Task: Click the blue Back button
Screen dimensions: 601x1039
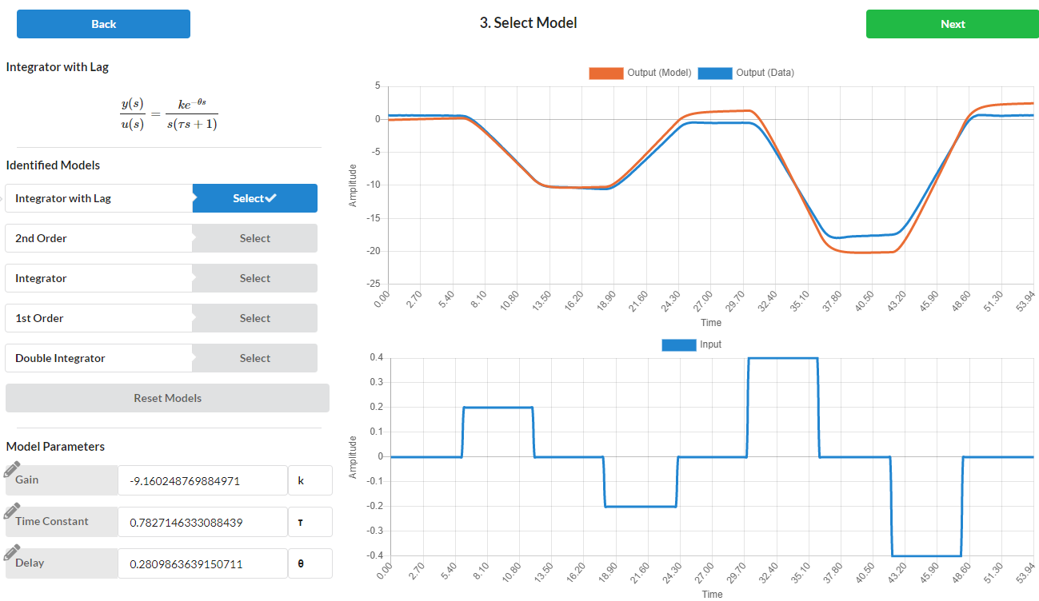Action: coord(103,24)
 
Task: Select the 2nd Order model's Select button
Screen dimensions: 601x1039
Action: coord(254,238)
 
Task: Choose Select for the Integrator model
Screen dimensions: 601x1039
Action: coord(254,278)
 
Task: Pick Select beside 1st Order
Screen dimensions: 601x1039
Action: coord(254,318)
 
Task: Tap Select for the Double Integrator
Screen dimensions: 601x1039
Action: coord(254,358)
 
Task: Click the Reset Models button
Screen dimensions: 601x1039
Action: coord(167,398)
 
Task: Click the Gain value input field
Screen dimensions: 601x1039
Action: coord(202,481)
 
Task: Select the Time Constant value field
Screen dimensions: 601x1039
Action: coord(202,523)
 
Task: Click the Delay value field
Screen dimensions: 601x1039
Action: coord(202,564)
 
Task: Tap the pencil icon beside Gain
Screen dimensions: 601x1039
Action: coord(12,470)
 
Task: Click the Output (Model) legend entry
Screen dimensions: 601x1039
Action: coord(640,73)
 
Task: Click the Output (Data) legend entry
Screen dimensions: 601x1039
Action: coord(746,73)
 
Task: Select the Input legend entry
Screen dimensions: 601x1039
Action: coord(692,344)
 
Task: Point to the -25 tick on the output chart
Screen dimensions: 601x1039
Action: coord(373,285)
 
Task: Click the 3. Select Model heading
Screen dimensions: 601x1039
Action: coord(528,23)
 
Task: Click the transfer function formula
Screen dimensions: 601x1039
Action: coord(169,114)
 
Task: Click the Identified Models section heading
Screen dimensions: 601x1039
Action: coord(53,165)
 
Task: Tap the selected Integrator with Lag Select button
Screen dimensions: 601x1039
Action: coord(254,198)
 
